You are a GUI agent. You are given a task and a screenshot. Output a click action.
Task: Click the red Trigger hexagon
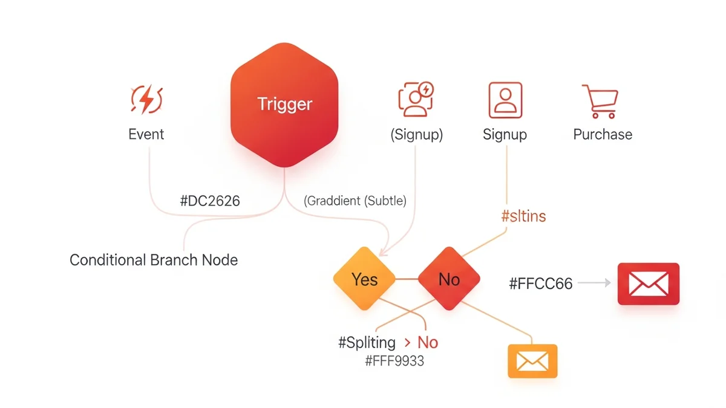(x=284, y=104)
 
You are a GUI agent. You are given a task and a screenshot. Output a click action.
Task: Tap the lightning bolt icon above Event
(x=146, y=100)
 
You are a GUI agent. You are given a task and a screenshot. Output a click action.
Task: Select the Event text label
(x=146, y=134)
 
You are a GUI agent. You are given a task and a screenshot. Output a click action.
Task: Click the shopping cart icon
(x=600, y=101)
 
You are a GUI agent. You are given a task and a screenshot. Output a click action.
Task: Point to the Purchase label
(x=603, y=134)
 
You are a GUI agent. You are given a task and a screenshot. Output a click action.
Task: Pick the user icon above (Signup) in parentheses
(x=416, y=99)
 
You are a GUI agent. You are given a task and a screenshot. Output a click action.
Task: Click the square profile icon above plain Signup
(x=505, y=100)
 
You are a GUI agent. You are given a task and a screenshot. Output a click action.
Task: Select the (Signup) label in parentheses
(x=416, y=134)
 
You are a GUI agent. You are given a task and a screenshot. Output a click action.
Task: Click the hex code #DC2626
(x=210, y=201)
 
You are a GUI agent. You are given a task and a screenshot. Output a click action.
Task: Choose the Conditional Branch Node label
(x=154, y=261)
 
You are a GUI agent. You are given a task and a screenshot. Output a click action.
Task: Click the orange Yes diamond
(x=364, y=279)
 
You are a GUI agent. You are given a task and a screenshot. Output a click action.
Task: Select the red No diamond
(x=449, y=279)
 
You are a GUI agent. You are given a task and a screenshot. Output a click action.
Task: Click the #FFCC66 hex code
(x=541, y=283)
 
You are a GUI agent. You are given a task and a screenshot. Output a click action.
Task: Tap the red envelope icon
(x=648, y=283)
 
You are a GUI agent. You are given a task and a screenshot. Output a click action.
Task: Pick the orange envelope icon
(x=532, y=361)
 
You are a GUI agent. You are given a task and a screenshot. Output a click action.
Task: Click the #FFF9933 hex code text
(x=394, y=361)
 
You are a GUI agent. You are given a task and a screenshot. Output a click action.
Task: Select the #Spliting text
(x=367, y=343)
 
